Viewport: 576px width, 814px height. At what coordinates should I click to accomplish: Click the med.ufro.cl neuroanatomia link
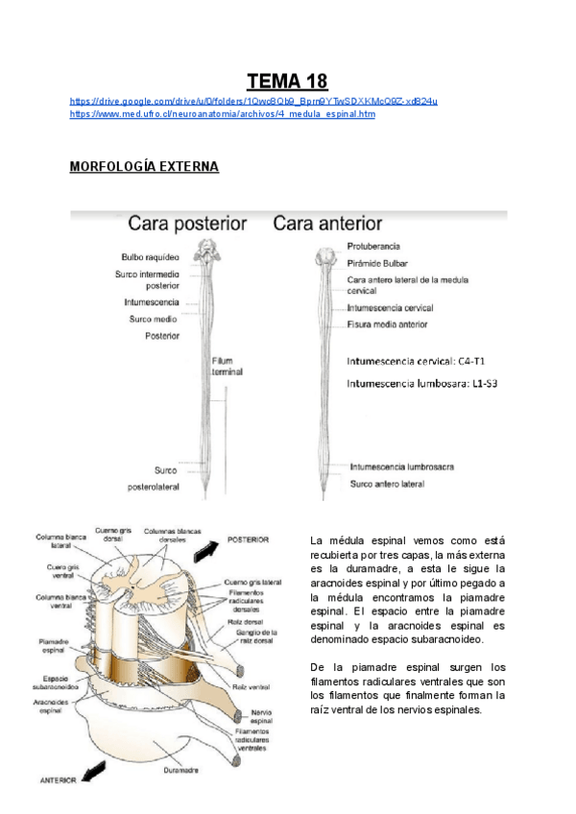tap(223, 114)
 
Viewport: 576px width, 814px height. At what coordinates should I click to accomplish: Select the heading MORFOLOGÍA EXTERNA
tap(144, 167)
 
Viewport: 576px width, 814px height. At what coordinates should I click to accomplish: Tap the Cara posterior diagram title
tap(188, 224)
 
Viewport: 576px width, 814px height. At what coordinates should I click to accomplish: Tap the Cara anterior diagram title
tap(327, 224)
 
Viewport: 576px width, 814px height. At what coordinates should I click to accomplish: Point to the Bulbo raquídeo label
tap(149, 256)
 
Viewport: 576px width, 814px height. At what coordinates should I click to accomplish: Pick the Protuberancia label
tap(373, 247)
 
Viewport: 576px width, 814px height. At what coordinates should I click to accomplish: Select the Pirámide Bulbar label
tap(378, 262)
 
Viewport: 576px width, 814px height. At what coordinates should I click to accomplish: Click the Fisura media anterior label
tap(387, 324)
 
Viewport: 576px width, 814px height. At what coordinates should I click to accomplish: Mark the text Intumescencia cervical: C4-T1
tap(416, 362)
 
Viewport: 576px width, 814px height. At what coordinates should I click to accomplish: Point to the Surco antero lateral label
tap(387, 484)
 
